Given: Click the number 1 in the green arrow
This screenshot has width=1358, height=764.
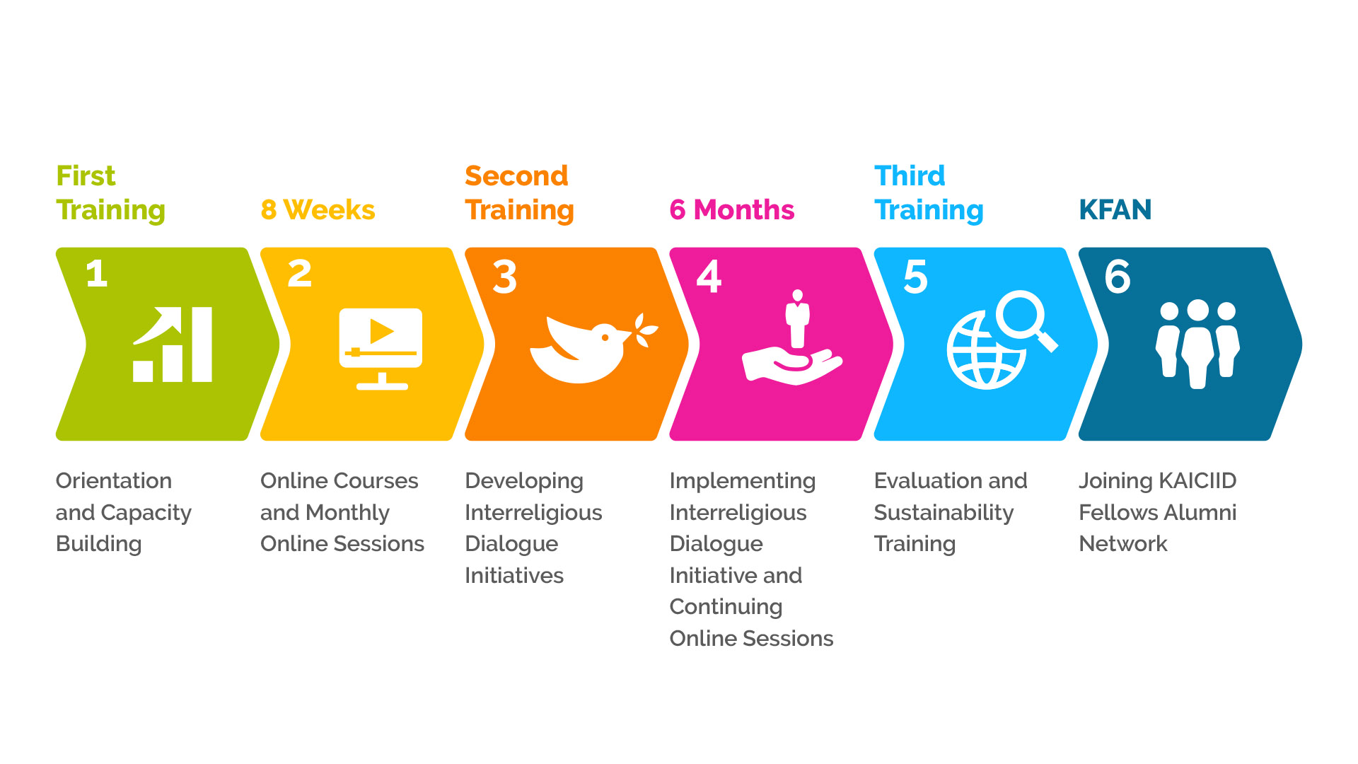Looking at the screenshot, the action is tap(97, 273).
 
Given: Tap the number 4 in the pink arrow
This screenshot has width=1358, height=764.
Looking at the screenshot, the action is tap(709, 276).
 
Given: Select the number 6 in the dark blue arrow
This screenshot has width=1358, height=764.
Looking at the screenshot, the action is tap(1118, 276).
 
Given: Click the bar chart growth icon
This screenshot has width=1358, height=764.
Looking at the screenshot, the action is tap(173, 345).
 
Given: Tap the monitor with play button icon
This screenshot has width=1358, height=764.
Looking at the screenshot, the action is tap(381, 349).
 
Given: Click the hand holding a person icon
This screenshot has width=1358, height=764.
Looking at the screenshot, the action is tap(792, 337).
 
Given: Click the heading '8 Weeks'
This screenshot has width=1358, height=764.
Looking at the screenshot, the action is tap(318, 210).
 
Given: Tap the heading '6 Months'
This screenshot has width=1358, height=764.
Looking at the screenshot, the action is tap(731, 210).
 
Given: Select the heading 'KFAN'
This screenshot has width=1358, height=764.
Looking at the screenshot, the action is tap(1115, 210).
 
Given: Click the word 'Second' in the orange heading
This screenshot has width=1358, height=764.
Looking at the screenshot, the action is tap(516, 175).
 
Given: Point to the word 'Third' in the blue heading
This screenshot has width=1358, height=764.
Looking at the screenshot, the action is tap(910, 175).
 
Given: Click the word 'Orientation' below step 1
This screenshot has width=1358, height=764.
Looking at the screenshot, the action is tap(114, 480).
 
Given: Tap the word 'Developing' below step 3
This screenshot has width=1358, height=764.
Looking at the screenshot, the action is tap(524, 482).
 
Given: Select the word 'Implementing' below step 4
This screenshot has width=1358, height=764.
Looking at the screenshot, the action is tap(742, 482).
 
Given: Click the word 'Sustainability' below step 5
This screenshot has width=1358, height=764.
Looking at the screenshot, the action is tap(944, 513).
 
